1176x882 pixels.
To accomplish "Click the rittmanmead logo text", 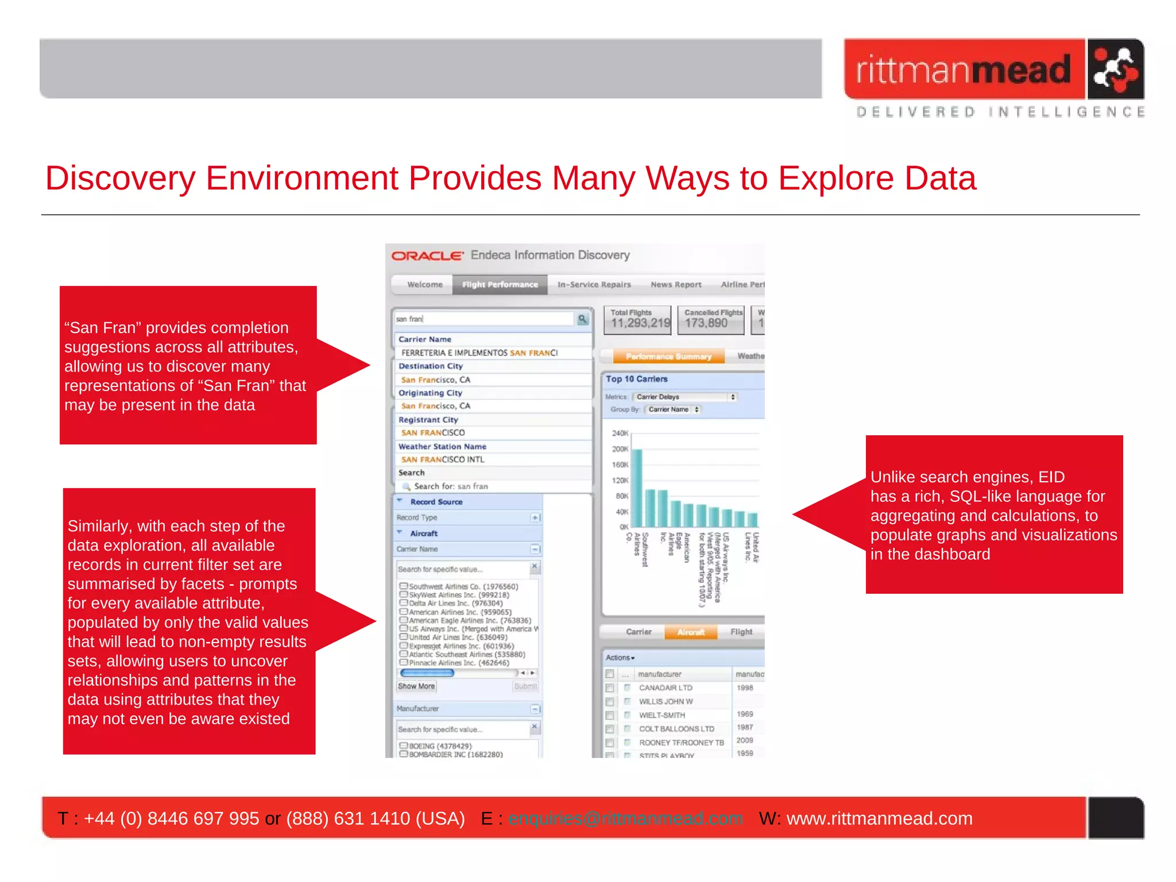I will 963,70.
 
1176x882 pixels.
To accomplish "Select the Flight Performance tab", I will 500,284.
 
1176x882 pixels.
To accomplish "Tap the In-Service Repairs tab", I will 594,284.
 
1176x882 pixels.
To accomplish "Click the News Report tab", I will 676,284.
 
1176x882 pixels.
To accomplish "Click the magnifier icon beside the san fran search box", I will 582,319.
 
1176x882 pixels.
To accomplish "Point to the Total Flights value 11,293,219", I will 640,323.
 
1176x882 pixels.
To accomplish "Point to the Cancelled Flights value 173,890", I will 706,323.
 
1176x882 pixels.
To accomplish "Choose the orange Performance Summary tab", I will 668,357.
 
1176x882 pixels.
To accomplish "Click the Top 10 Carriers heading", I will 636,379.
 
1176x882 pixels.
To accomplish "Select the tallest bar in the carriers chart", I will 637,488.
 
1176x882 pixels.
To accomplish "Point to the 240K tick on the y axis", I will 620,433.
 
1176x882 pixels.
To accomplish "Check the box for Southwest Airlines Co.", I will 404,586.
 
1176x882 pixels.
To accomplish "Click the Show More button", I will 416,686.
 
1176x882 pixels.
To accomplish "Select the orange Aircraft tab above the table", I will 691,632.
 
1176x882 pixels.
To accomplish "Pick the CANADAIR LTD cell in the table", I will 666,688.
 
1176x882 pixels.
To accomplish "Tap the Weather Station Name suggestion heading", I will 442,446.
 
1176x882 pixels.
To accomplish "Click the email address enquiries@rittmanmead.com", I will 625,818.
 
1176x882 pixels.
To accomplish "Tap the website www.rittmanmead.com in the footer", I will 879,818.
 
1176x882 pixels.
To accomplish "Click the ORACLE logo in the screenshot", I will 427,256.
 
